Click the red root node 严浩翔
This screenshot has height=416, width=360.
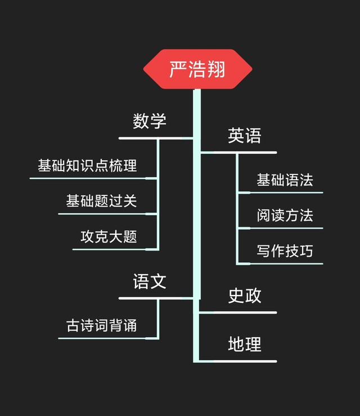coord(197,69)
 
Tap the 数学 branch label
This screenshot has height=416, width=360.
coord(150,121)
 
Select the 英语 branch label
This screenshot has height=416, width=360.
coord(245,136)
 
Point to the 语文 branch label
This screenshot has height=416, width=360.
coord(150,281)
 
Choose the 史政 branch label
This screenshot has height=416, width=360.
coord(245,296)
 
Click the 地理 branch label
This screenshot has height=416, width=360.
coord(245,344)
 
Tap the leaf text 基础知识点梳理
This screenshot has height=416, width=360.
coord(87,165)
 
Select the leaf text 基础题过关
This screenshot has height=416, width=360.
coord(101,201)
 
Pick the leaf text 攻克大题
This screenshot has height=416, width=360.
coord(109,236)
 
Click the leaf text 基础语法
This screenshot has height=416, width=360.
coord(285,180)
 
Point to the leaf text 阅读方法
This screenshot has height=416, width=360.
coord(285,216)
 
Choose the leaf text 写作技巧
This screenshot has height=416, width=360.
coord(285,251)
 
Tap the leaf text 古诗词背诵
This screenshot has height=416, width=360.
coord(101,325)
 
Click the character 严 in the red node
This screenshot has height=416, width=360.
coord(178,69)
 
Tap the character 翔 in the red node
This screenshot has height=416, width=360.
coord(216,69)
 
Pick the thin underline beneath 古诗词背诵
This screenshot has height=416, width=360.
coord(101,338)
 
